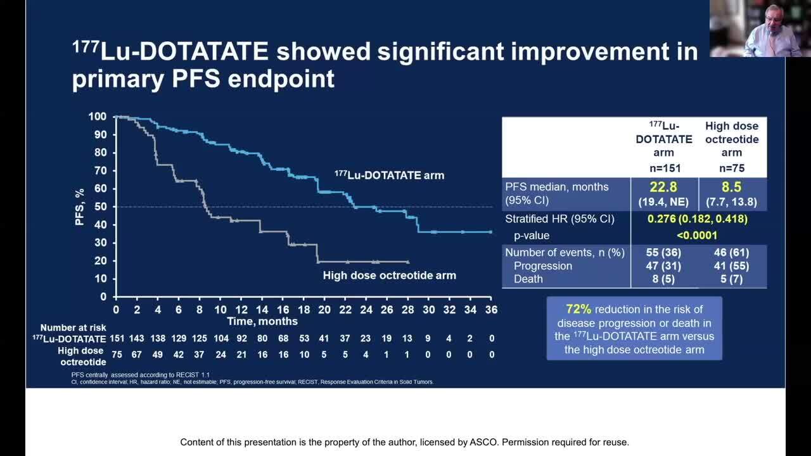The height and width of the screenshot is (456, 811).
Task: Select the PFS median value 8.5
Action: click(731, 187)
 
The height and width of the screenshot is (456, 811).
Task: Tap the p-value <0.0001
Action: click(696, 236)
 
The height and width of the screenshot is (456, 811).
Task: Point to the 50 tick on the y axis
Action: click(99, 206)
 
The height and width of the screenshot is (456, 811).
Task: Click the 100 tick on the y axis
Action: click(97, 117)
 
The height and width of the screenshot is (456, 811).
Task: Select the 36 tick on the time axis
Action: click(491, 310)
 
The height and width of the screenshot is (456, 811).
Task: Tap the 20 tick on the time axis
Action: click(324, 310)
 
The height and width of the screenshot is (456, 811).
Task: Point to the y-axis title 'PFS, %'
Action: click(80, 206)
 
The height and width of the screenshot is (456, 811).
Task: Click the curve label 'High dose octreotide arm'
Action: click(389, 275)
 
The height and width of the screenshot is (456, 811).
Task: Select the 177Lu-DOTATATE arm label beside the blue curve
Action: click(390, 175)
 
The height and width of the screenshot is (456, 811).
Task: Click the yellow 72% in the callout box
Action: click(578, 309)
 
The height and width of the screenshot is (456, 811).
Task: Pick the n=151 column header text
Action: click(664, 168)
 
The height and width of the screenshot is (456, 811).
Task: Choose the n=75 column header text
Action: click(731, 168)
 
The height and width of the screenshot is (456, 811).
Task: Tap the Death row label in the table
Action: click(528, 279)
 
